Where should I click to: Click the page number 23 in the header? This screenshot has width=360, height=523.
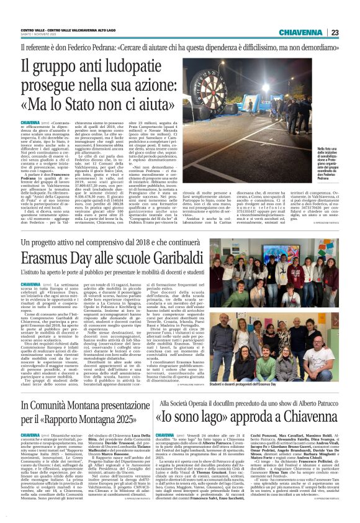tap(351, 32)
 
